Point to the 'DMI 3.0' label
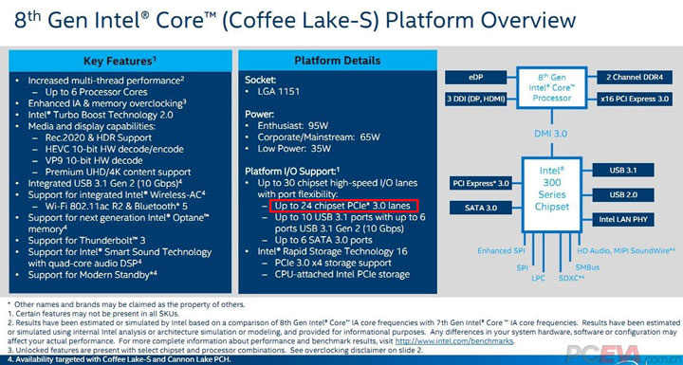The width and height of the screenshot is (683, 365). pyautogui.click(x=551, y=135)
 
